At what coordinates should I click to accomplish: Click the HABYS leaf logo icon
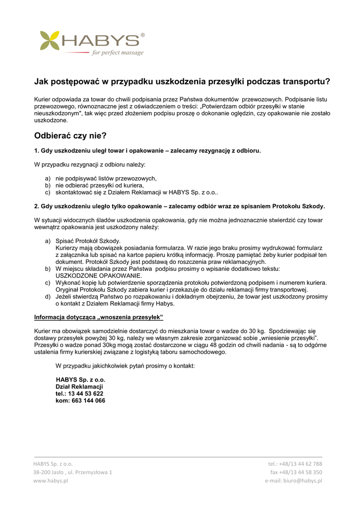(x=49, y=41)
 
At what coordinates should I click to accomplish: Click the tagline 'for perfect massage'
(x=118, y=53)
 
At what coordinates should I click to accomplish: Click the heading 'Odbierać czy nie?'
(x=71, y=135)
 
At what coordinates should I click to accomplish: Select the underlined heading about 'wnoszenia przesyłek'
(x=98, y=317)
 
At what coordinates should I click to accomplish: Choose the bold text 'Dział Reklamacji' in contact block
(x=79, y=386)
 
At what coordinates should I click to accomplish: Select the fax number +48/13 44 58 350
(x=296, y=472)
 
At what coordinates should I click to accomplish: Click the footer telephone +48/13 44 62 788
(x=295, y=464)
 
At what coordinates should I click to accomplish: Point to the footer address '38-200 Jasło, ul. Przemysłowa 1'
(x=72, y=472)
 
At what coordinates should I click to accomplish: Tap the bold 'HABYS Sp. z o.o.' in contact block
(x=80, y=380)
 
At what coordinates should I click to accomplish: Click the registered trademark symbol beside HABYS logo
(x=143, y=35)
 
